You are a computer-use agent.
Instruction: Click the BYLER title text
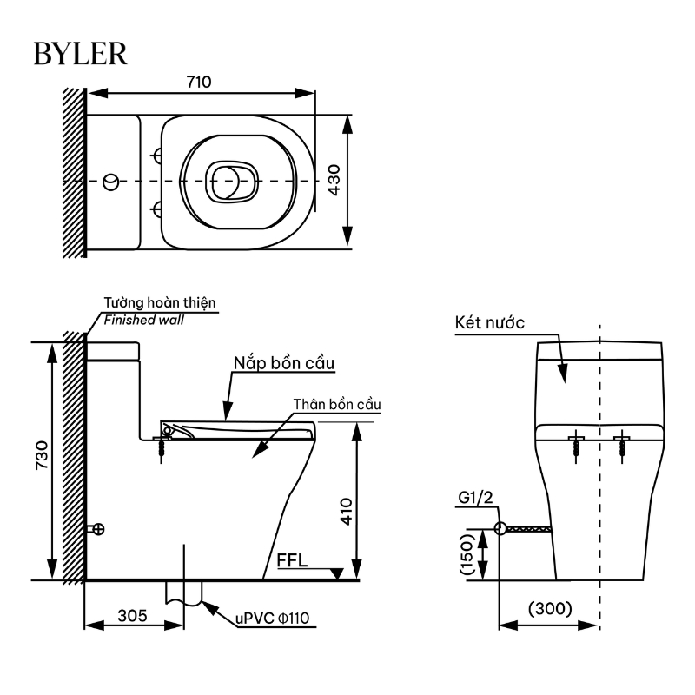tap(80, 54)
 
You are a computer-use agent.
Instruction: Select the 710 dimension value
tap(199, 82)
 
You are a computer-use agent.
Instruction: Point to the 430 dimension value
tap(334, 180)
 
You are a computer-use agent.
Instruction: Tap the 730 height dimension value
tap(42, 455)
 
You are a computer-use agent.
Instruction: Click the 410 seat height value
tap(346, 512)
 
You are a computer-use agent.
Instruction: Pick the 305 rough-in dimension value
tap(132, 616)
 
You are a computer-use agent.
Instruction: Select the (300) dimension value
tap(550, 609)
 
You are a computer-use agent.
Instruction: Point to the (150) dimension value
tap(467, 554)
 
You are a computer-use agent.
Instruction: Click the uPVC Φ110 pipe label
tap(272, 618)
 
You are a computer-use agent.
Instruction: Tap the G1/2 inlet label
tap(475, 498)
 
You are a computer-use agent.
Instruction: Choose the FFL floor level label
tap(292, 560)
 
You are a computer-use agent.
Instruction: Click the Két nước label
tap(490, 322)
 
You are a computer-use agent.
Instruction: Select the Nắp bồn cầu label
tap(284, 363)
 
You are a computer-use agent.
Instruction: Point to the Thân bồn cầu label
tap(337, 404)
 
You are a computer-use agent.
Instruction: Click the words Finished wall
tap(143, 320)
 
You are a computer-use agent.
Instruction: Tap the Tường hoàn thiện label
tap(160, 302)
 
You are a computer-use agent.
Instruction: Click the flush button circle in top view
tap(111, 182)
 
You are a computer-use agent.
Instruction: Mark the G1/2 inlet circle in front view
tap(500, 528)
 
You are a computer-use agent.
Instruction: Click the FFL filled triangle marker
tap(337, 573)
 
